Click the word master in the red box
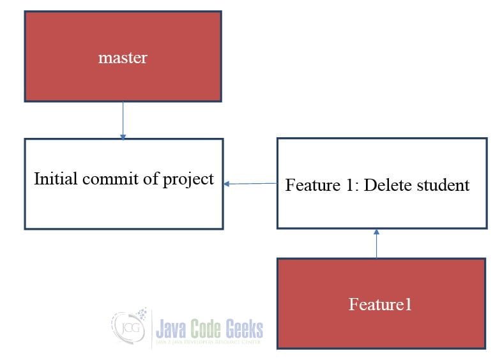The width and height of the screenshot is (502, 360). (123, 58)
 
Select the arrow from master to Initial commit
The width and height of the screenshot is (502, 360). (123, 119)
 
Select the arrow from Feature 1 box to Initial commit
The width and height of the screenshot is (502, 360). (250, 184)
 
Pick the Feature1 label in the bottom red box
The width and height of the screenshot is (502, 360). (380, 304)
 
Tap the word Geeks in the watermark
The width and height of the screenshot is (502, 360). (242, 329)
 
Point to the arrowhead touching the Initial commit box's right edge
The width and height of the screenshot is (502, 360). (227, 184)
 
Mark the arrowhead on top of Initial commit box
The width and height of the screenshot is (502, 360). (123, 136)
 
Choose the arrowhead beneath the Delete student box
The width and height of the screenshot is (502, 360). (376, 232)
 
